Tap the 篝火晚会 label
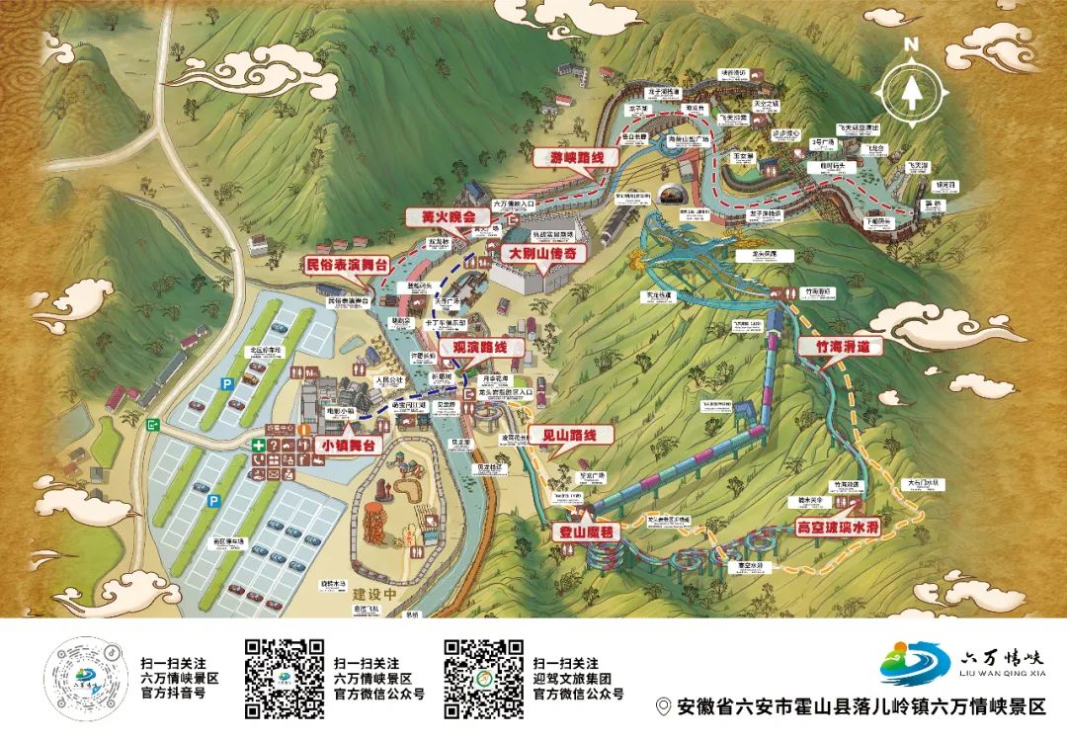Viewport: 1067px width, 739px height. click(x=443, y=215)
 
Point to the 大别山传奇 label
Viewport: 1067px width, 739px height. click(x=543, y=253)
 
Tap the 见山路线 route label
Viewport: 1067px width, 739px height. click(x=571, y=435)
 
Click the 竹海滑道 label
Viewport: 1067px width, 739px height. click(x=841, y=348)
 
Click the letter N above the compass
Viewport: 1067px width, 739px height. click(x=911, y=44)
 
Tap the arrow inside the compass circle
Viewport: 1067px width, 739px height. click(x=911, y=92)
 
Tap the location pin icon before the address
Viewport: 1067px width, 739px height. click(x=664, y=706)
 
